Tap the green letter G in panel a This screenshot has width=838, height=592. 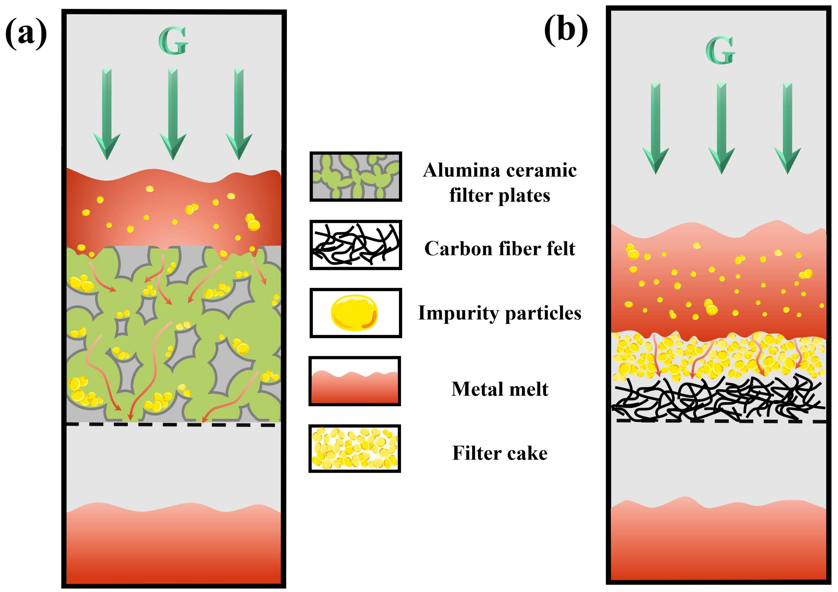point(173,41)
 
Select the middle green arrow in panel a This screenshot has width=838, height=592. point(173,113)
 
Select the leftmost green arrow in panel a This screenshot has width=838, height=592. point(107,113)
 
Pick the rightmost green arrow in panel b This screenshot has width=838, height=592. point(787,128)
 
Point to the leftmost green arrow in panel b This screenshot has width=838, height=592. point(656,128)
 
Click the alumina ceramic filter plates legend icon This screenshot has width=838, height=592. point(356,176)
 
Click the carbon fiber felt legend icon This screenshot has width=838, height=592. point(356,245)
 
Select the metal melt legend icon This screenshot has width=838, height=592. point(355,381)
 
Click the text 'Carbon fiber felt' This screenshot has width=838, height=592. point(499,249)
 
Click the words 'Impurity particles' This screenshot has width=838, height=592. point(499,313)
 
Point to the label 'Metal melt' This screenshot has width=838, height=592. point(499,389)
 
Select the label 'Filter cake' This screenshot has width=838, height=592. point(499,453)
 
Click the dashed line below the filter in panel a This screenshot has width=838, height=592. point(172,425)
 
